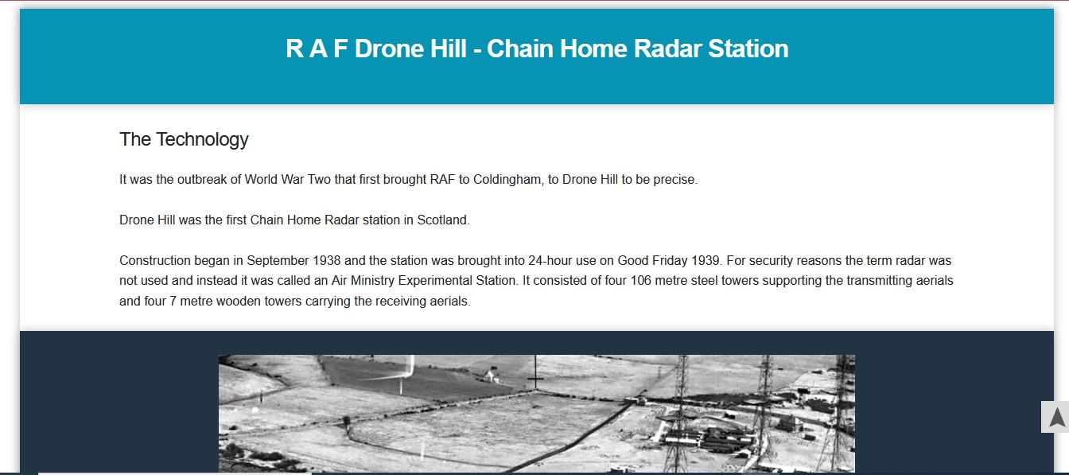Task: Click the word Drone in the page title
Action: [389, 49]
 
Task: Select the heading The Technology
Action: [184, 139]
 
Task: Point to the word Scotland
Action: [443, 220]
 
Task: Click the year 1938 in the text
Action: [326, 261]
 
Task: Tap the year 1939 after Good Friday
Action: [706, 261]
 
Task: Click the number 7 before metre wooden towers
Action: [173, 302]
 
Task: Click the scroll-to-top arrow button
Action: [1056, 417]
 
